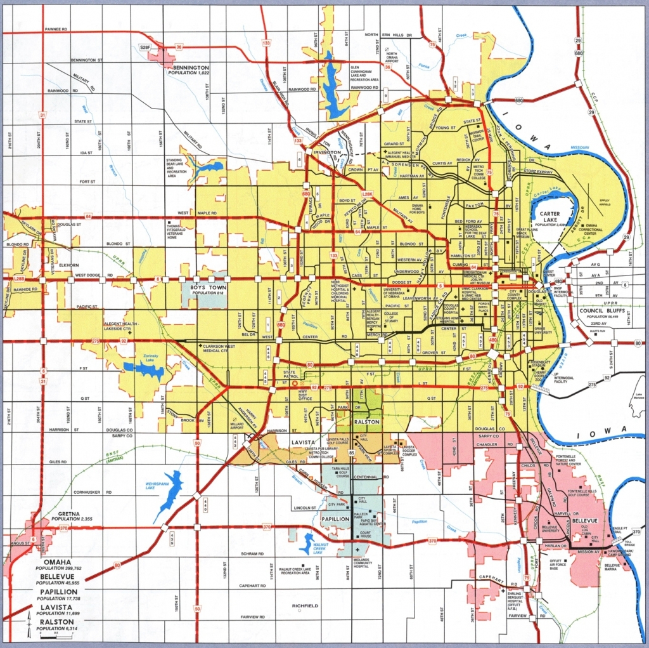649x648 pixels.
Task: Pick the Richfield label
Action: click(x=305, y=605)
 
